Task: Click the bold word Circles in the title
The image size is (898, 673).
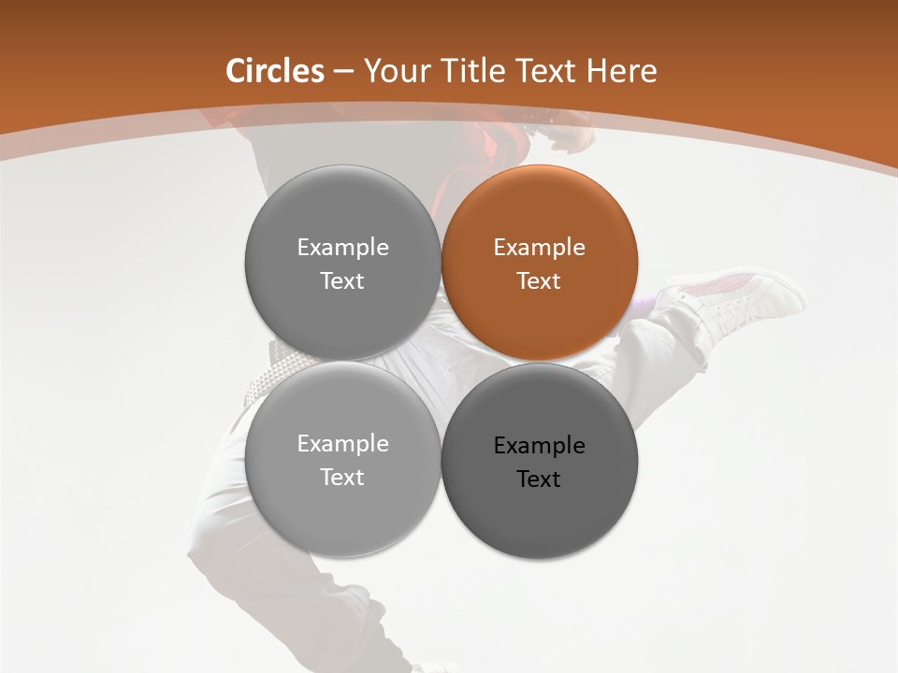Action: (x=275, y=71)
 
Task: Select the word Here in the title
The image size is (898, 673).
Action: (x=621, y=71)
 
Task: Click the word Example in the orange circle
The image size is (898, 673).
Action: (x=539, y=248)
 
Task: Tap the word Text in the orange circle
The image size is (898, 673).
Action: (x=539, y=281)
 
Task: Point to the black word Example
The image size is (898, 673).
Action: (x=539, y=446)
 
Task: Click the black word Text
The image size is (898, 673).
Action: (x=539, y=480)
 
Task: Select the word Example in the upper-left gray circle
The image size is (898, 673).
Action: (x=342, y=248)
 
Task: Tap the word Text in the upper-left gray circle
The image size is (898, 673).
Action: (x=342, y=281)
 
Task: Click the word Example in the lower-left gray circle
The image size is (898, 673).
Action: (x=342, y=444)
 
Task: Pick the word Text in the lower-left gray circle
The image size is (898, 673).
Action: (x=342, y=478)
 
